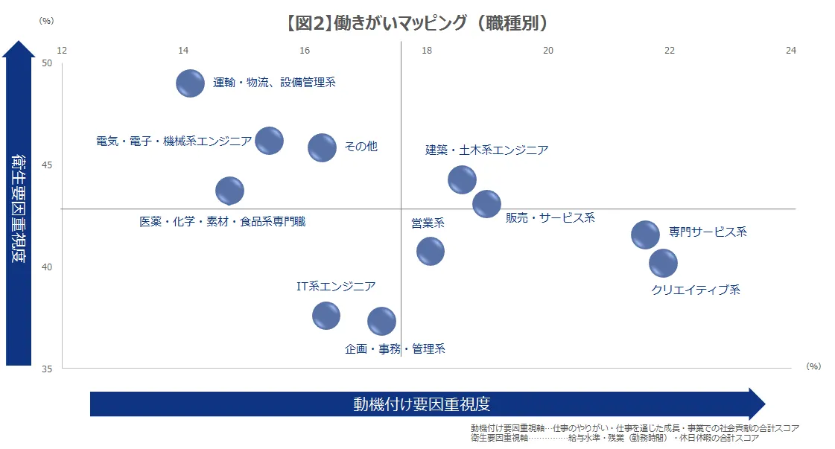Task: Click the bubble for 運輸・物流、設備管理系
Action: [190, 83]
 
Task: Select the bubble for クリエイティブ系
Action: [663, 262]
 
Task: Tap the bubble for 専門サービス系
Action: [645, 235]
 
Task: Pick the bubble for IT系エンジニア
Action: [326, 315]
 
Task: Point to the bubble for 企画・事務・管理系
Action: [381, 321]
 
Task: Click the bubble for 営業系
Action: [431, 251]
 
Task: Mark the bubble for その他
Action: [322, 147]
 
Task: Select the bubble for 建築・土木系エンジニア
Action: [462, 179]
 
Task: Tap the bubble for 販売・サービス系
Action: [486, 203]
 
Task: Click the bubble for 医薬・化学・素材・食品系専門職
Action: [229, 190]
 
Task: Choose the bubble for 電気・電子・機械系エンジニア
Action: [269, 140]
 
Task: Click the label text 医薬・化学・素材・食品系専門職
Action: [222, 221]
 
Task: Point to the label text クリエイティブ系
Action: [696, 290]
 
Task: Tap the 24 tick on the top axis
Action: [791, 50]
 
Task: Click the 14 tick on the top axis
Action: [183, 50]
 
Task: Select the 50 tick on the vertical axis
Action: [47, 63]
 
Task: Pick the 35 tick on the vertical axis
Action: [47, 369]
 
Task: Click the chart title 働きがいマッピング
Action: [417, 23]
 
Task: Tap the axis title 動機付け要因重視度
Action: [422, 404]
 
